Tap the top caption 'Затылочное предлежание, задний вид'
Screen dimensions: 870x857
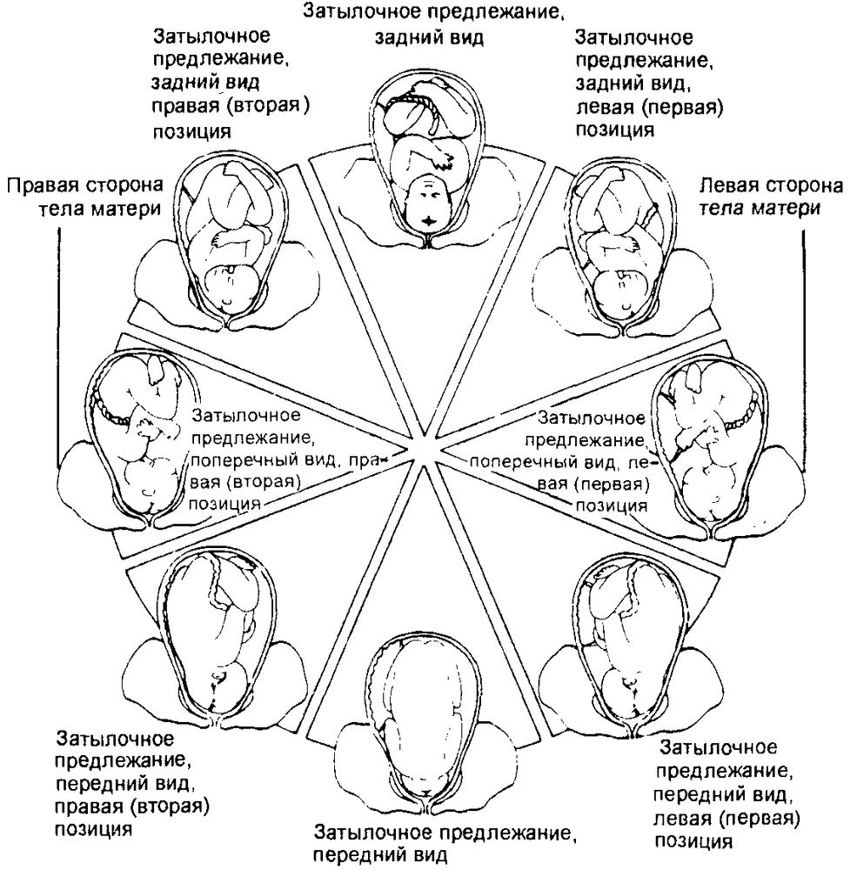point(428,25)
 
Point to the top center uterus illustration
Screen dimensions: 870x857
point(428,157)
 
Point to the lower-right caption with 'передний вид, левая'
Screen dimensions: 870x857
point(726,793)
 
